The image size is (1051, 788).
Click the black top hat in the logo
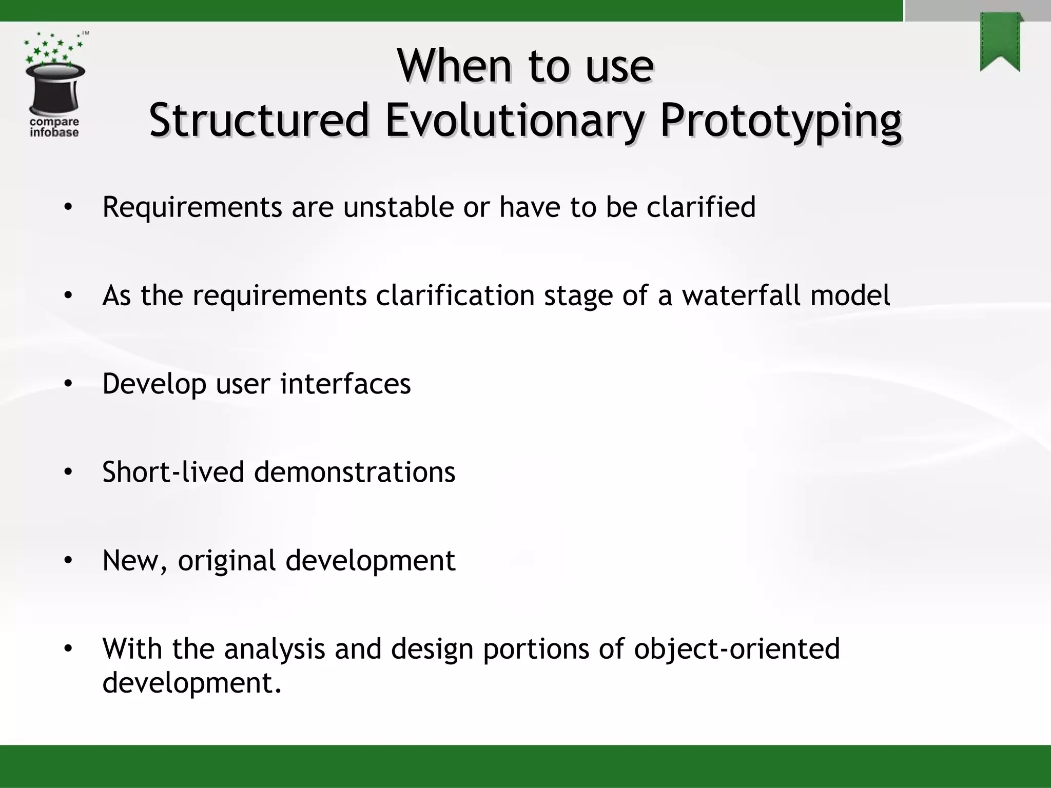55,90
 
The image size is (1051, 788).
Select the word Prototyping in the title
780,121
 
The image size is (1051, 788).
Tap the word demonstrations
355,472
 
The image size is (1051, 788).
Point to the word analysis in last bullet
275,649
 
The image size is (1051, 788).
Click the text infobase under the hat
54,132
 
